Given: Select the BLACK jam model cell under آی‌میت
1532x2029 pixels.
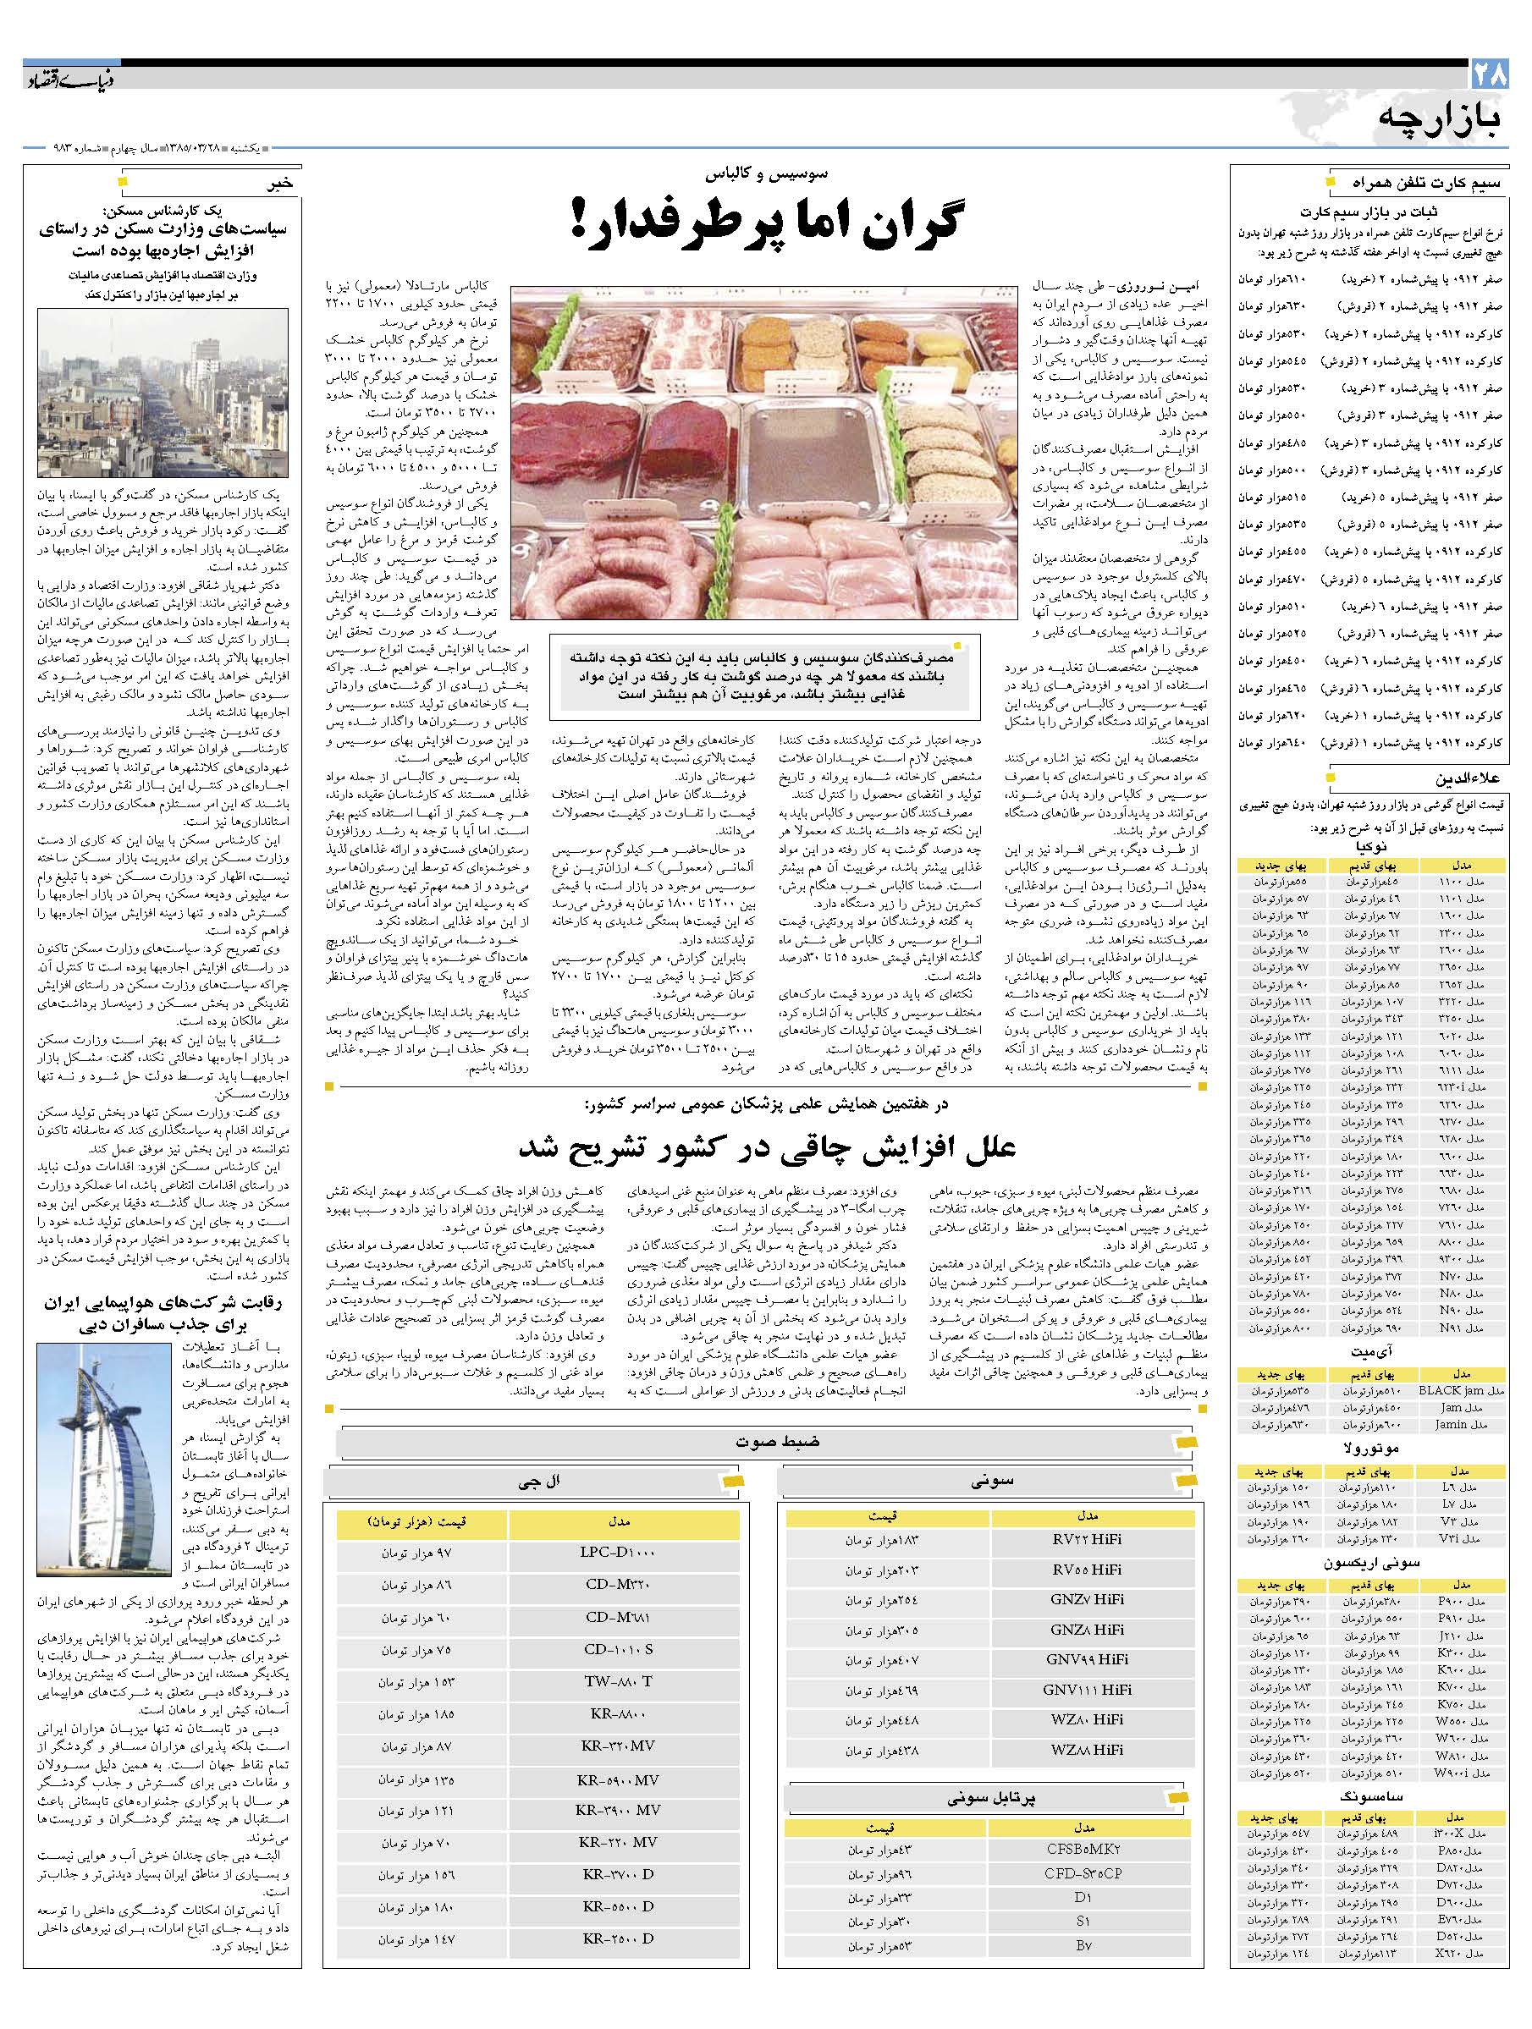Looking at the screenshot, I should coord(1463,1392).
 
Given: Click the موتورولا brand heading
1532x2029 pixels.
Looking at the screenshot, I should coord(1371,1451).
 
